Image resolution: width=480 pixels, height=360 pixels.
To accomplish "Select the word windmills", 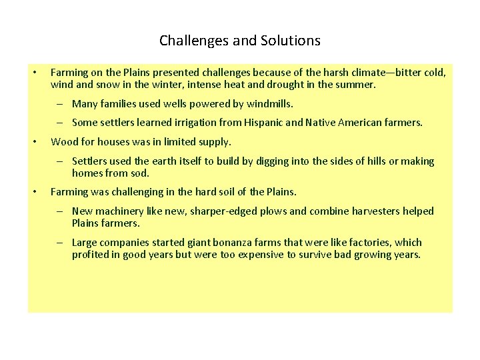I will click(269, 104).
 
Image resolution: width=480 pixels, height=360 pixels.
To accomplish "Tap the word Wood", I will click(64, 142).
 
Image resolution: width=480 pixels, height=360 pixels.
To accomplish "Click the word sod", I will click(142, 173).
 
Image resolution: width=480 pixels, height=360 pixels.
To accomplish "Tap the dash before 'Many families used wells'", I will click(59, 104).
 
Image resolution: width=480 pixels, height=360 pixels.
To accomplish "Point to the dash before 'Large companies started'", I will click(59, 243).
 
